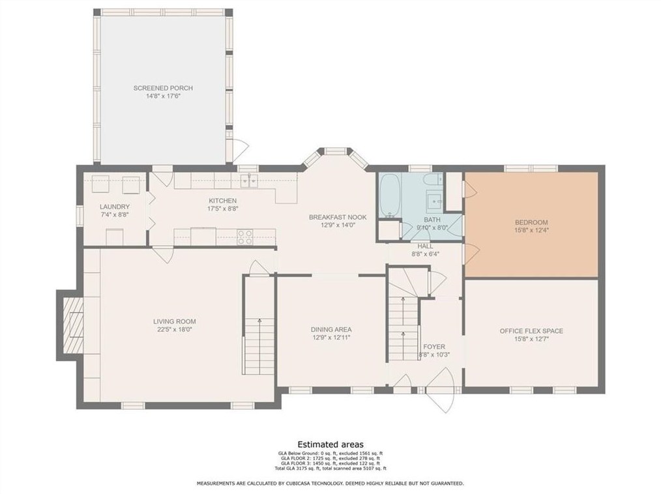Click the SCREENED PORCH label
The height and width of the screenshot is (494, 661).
(163, 88)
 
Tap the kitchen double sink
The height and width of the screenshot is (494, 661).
(249, 181)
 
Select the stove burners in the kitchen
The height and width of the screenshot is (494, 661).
(245, 237)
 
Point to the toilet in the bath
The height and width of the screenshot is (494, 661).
(432, 181)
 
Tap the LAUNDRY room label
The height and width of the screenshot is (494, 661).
(115, 207)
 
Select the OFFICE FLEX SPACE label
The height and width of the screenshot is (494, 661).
(531, 331)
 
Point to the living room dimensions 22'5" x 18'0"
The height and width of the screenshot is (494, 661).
(175, 329)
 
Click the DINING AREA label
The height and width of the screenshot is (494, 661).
(331, 330)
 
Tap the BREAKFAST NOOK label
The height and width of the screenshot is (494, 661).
(338, 217)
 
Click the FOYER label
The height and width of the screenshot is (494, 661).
(434, 347)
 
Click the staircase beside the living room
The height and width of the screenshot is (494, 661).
(259, 325)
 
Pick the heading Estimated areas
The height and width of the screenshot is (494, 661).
(330, 444)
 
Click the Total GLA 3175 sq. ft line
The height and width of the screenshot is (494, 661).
(330, 469)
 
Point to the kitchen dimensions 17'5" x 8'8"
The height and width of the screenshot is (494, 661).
(222, 208)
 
